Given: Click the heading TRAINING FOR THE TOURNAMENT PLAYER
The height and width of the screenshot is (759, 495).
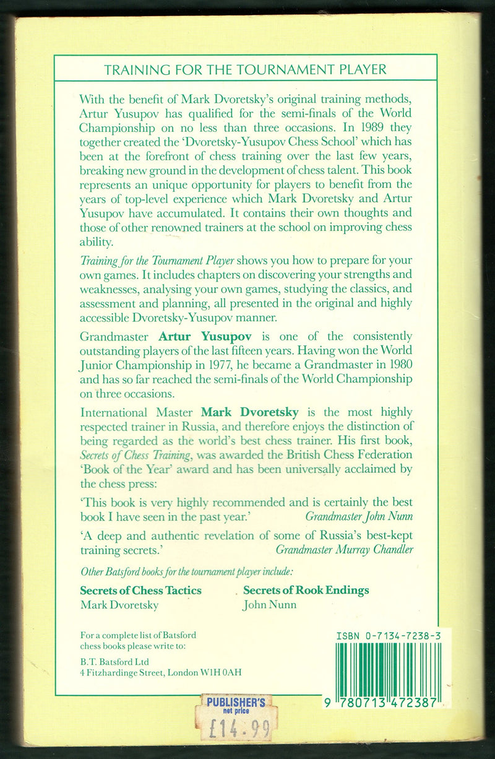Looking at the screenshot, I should point(246,69).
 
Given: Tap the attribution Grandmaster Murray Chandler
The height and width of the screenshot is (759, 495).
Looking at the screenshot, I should point(344,549).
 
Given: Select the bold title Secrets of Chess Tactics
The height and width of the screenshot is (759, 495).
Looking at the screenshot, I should point(141,590).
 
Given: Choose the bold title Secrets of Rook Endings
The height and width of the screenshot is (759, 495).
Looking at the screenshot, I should point(306,590).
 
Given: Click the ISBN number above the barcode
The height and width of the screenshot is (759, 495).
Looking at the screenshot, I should point(384,635).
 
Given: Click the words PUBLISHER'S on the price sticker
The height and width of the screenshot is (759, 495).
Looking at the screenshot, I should point(236,702).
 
